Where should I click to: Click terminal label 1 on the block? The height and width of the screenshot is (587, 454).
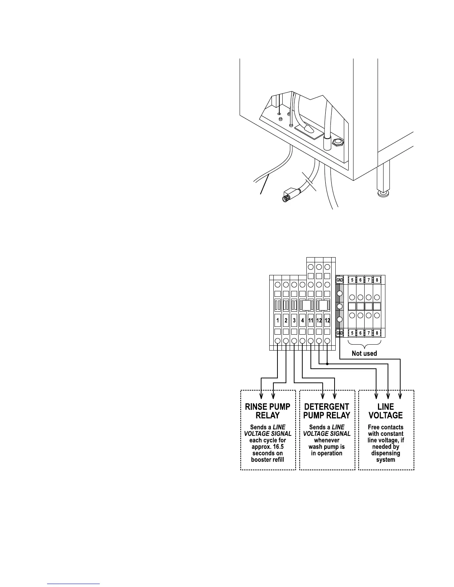coord(277,320)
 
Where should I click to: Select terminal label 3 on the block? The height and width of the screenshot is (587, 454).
coord(294,320)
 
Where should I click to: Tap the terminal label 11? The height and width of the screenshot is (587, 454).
coord(311,320)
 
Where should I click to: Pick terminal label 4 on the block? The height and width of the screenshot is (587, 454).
coord(303,320)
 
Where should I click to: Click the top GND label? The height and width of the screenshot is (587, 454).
coord(339,280)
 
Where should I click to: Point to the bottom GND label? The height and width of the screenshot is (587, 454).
coord(339,333)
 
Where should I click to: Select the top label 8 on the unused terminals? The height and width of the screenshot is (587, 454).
coord(377,280)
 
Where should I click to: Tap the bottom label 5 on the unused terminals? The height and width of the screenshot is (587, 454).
coord(352,333)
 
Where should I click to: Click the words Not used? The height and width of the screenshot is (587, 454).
coord(364,354)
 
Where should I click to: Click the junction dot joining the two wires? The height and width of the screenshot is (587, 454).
coord(327,364)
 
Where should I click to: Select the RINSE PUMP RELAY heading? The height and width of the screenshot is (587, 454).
coord(268,411)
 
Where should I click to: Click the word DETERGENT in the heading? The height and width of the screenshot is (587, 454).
coord(327,407)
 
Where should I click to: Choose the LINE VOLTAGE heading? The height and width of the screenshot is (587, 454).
coord(386,411)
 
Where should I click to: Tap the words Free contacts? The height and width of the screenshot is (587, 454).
coord(386,427)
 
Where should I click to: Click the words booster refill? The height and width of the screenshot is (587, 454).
coord(268,460)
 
